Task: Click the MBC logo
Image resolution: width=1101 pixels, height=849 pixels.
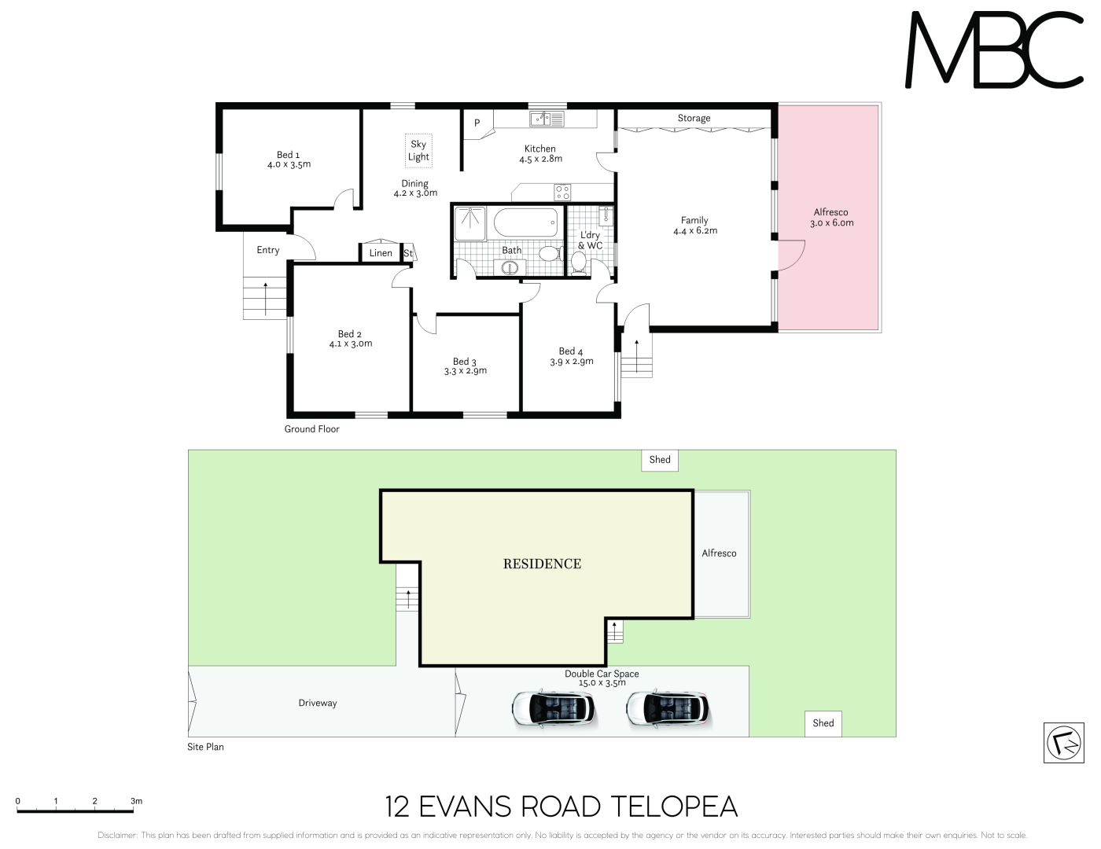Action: point(993,50)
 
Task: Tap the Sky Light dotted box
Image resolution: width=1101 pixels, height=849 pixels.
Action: point(418,150)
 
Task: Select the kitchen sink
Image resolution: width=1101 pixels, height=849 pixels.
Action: point(547,119)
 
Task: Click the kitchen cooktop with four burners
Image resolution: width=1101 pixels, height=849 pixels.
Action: point(562,192)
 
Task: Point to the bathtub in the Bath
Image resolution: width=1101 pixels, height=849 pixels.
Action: point(526,222)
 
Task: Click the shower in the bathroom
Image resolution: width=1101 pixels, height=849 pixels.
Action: point(469,223)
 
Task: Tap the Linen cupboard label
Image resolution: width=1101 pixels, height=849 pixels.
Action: point(381,253)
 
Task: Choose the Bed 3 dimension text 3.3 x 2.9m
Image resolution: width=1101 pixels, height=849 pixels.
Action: point(466,371)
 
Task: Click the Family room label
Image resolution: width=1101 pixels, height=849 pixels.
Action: point(694,220)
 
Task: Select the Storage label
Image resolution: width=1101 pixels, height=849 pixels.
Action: point(694,118)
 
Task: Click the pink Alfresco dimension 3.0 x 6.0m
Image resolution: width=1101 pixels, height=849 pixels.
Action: point(832,222)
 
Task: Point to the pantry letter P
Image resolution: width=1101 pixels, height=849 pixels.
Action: point(477,123)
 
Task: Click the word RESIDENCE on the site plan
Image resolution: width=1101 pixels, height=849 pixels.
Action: point(542,564)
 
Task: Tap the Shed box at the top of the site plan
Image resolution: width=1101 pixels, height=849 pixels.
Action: point(660,460)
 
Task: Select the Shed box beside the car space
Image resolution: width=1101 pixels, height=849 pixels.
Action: point(823,723)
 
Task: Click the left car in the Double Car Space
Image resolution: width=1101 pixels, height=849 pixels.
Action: point(554,709)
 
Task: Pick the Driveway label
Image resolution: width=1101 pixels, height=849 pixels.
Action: point(318,704)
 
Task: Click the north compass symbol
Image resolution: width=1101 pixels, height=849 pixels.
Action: point(1063,743)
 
